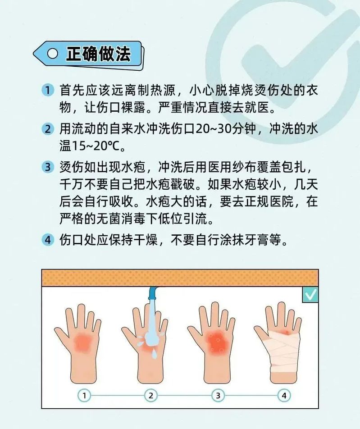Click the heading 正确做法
pyautogui.click(x=98, y=53)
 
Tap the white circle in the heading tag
pyautogui.click(x=53, y=53)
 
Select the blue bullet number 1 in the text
pyautogui.click(x=48, y=90)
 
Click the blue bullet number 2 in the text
pyautogui.click(x=48, y=128)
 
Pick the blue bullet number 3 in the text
pyautogui.click(x=48, y=167)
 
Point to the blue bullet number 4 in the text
pyautogui.click(x=48, y=240)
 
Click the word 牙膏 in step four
pyautogui.click(x=257, y=240)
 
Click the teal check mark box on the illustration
pyautogui.click(x=310, y=295)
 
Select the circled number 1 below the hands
pyautogui.click(x=84, y=396)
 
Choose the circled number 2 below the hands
pyautogui.click(x=151, y=396)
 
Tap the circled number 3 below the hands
pyautogui.click(x=218, y=396)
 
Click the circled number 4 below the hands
pyautogui.click(x=284, y=396)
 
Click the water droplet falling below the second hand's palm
pyautogui.click(x=154, y=354)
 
